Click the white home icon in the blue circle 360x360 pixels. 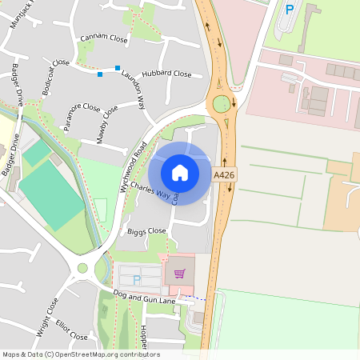(x=180, y=173)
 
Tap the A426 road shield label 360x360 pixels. (x=223, y=174)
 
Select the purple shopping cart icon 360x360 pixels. (x=180, y=274)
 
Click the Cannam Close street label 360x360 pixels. (x=104, y=38)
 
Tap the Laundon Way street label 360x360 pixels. (x=133, y=93)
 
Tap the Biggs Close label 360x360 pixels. (x=146, y=231)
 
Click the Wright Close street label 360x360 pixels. (x=47, y=315)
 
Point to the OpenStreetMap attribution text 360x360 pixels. (x=81, y=354)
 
